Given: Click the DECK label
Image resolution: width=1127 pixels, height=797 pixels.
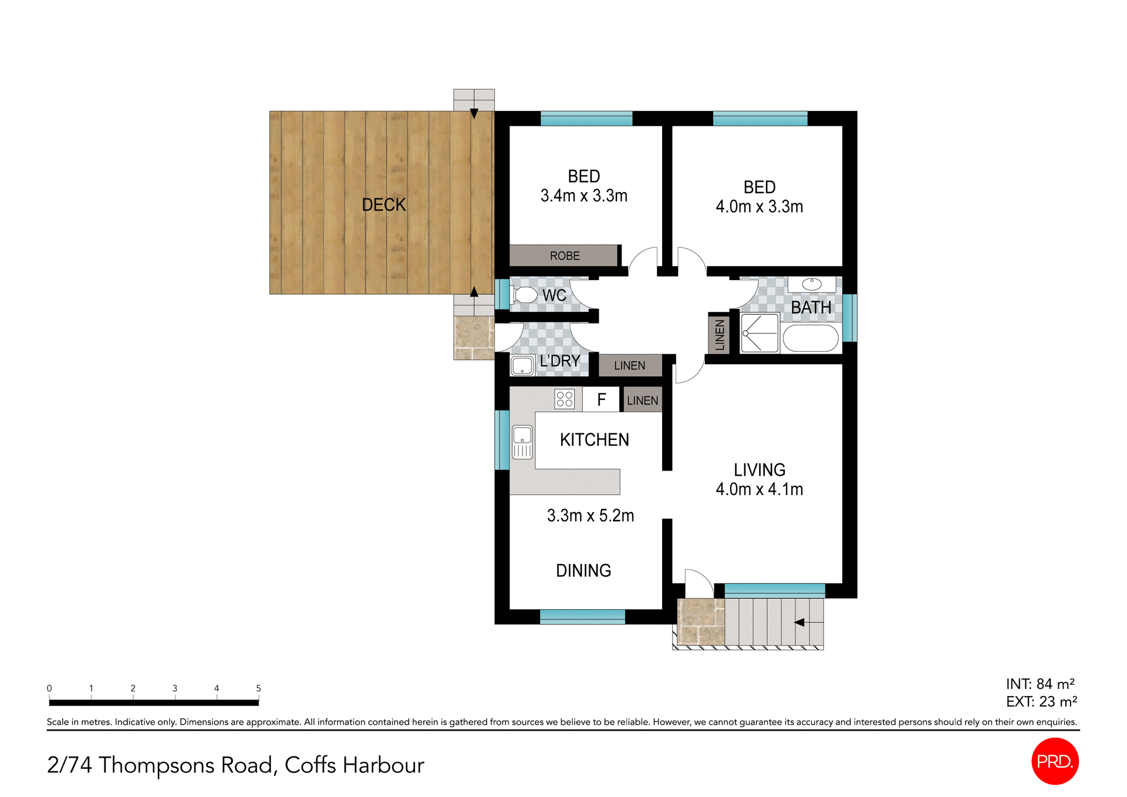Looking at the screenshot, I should [383, 204].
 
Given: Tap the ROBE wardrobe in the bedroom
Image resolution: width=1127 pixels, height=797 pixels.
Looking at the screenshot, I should [563, 255].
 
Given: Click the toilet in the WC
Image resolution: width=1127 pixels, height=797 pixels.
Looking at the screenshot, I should [524, 295].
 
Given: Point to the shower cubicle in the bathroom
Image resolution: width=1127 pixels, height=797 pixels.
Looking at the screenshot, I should [760, 333].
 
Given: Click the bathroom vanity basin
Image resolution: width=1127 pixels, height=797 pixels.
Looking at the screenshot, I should [812, 284].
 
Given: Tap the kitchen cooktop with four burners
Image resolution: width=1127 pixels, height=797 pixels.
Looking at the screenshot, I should [564, 399].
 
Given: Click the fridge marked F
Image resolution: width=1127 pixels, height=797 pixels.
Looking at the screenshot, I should [601, 399].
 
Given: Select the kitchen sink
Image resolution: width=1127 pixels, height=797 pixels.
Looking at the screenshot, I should [522, 442].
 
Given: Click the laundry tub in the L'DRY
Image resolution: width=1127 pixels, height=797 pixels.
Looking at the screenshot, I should [522, 365].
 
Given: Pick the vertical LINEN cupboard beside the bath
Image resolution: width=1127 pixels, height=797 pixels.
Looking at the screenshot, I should [719, 335].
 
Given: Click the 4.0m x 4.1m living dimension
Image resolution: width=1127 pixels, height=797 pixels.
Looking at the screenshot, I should [759, 489].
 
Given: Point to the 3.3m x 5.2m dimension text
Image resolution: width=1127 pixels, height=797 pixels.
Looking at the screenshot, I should [590, 515].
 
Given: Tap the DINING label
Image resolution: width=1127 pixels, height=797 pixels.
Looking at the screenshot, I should [583, 570].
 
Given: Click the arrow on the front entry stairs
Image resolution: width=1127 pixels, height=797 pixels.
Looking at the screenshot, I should [799, 622].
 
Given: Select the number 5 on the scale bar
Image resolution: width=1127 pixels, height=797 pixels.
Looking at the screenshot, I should [258, 688].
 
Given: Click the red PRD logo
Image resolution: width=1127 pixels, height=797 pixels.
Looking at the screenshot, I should [1054, 761].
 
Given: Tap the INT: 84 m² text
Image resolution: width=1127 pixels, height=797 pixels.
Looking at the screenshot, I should [1040, 684].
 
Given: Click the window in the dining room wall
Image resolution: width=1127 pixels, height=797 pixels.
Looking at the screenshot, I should [582, 616].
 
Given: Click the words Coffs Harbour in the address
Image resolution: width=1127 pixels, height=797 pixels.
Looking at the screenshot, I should [354, 765].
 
